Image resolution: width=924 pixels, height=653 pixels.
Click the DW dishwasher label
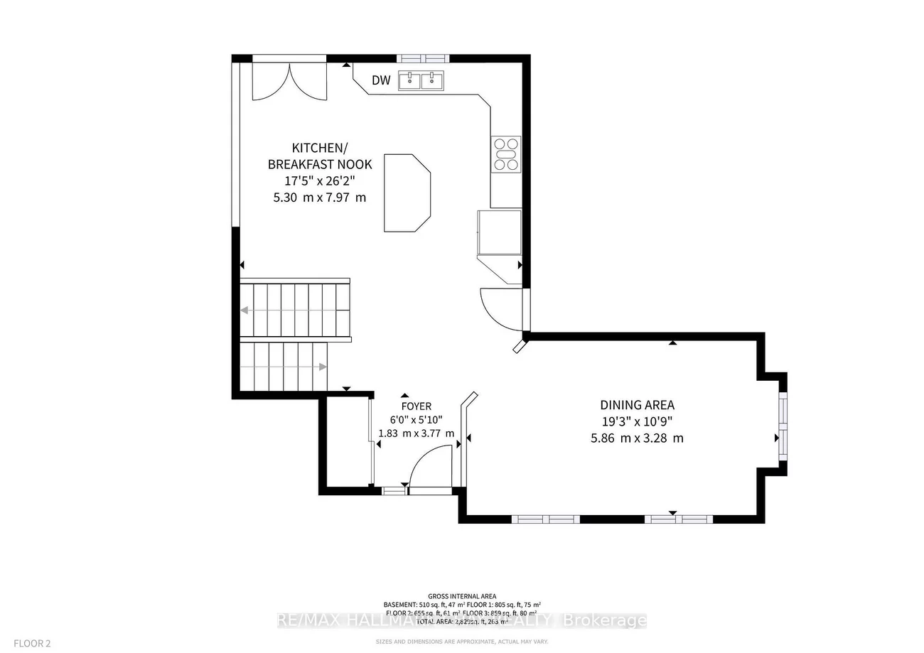[x=382, y=80]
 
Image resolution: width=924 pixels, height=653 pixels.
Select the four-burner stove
[x=506, y=154]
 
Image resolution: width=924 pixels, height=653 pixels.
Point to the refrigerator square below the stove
[x=500, y=232]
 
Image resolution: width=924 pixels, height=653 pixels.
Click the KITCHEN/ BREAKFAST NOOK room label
[x=319, y=156]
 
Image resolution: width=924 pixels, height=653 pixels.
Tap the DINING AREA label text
[x=637, y=405]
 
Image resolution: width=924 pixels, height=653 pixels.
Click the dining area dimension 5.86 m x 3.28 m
[x=637, y=438]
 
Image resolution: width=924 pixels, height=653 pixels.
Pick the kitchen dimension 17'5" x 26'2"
[x=319, y=181]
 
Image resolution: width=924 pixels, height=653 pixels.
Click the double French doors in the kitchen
[x=289, y=80]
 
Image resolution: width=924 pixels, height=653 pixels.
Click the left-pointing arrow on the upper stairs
[x=245, y=310]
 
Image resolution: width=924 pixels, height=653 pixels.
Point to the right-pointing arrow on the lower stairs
[x=322, y=367]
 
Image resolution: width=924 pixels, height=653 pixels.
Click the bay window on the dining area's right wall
[x=783, y=426]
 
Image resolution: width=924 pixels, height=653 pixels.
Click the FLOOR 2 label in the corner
[x=29, y=644]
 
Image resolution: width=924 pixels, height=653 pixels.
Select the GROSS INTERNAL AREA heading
[x=462, y=596]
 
